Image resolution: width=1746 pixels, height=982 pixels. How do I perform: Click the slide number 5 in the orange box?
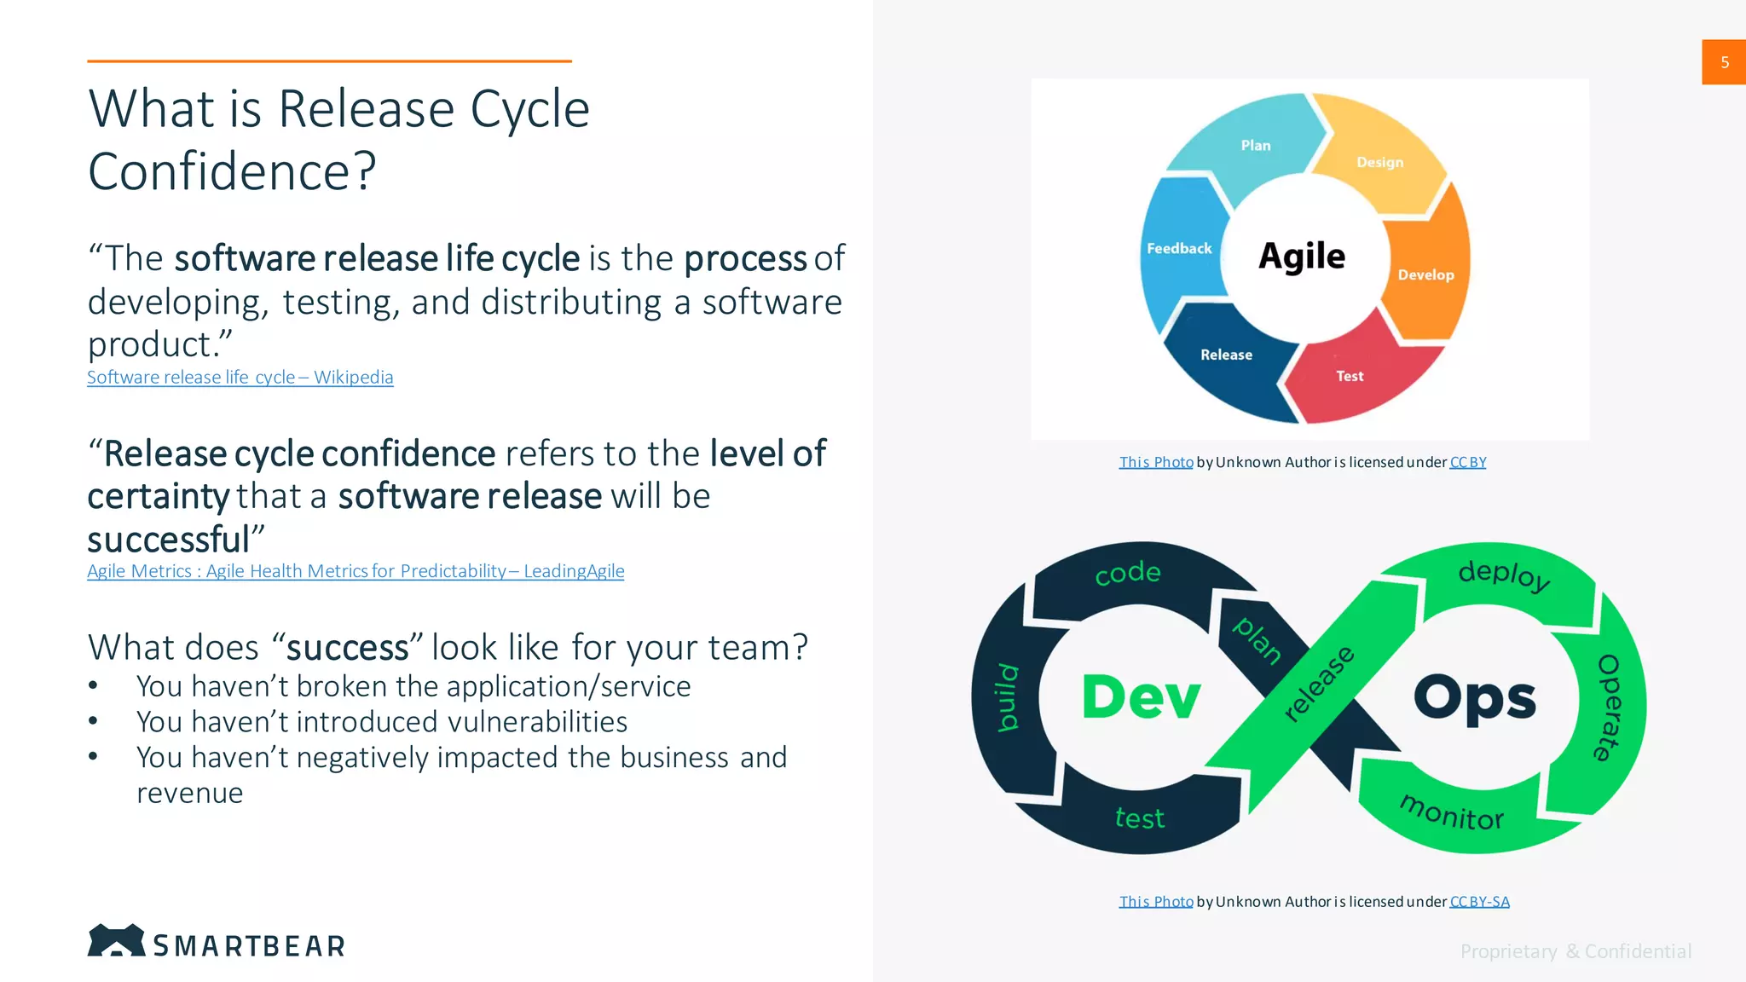coord(1724,62)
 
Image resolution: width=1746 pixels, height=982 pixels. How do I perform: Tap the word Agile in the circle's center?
coord(1302,256)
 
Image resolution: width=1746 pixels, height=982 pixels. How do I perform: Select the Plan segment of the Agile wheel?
coord(1255,146)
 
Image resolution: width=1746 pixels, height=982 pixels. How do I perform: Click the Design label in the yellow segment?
coord(1379,162)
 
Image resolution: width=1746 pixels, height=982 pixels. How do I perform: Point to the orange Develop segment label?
coord(1425,274)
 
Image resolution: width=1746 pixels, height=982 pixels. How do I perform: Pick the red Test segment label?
coord(1350,376)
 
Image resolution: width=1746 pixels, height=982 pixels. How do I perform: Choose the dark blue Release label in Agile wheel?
coord(1226,355)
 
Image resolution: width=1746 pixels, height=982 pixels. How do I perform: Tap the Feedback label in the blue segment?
coord(1179,248)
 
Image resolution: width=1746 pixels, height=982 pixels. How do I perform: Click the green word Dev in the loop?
coord(1141,697)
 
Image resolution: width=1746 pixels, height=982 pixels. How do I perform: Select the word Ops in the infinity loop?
coord(1475,697)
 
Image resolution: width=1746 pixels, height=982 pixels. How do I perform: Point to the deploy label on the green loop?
coord(1504,575)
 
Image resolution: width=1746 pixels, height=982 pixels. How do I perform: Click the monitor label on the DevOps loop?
coord(1452,813)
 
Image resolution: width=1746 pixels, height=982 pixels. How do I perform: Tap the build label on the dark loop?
coord(1009,697)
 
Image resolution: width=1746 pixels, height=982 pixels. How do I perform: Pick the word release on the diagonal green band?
coord(1319,684)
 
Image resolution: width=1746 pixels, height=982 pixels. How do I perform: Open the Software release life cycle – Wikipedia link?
coord(240,377)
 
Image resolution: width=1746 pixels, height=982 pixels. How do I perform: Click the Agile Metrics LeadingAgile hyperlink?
coord(356,571)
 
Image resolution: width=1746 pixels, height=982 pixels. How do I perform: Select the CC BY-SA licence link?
coord(1479,902)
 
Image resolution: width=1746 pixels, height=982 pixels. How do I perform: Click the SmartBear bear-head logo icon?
coord(116,940)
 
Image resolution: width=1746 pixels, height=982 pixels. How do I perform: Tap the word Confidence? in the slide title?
coord(232,171)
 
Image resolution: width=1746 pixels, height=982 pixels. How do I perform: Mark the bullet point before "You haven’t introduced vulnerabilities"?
coord(93,721)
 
